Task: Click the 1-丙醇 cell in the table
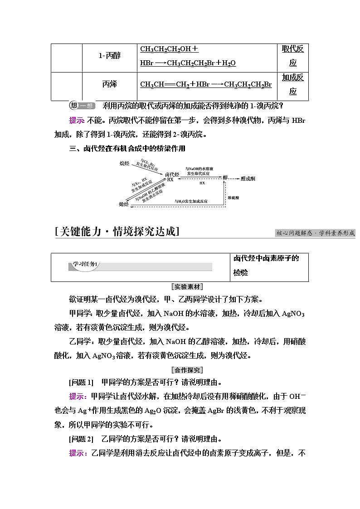coord(110,56)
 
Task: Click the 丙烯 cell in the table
coord(110,84)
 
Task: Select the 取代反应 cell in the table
coord(292,56)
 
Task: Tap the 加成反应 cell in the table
coord(292,84)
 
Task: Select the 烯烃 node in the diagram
coord(124,204)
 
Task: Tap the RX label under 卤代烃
coord(170,180)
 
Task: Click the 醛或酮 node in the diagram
coord(248,178)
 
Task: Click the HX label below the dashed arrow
coord(202,183)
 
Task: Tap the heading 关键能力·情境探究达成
coord(117,232)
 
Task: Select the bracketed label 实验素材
coord(188,287)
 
